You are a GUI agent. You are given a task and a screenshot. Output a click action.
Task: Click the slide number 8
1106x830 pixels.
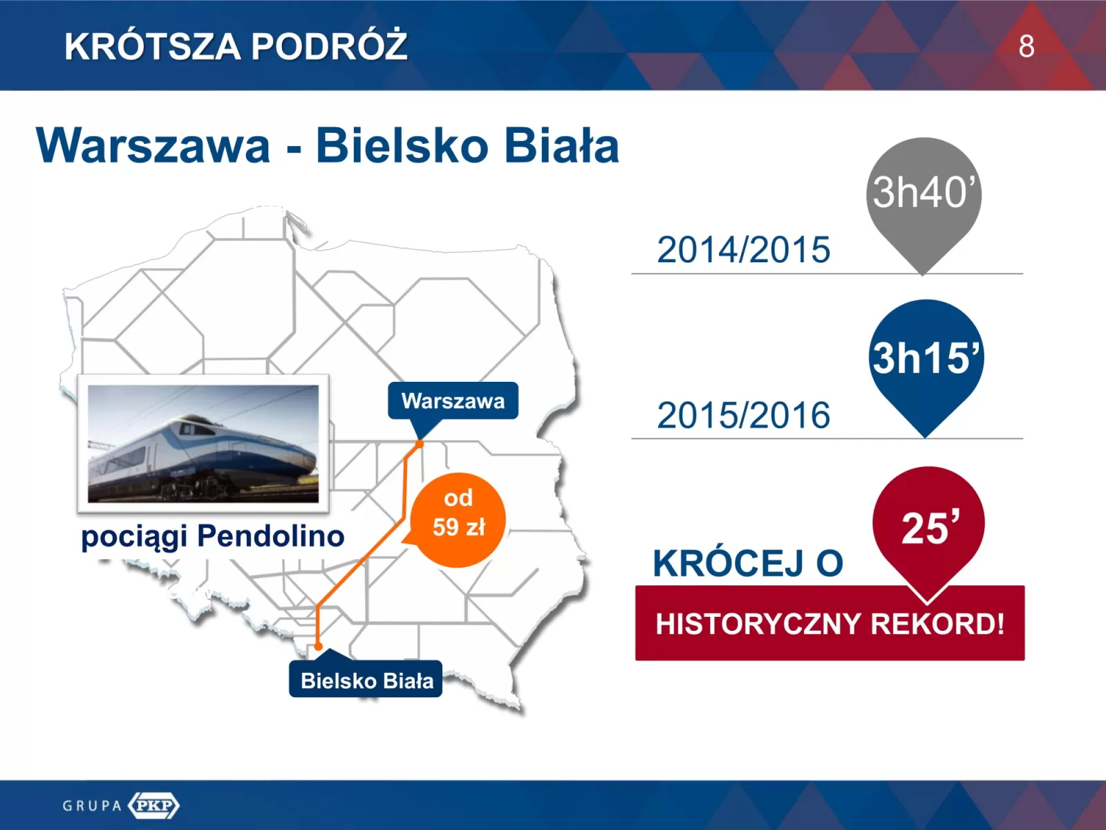pos(1027,46)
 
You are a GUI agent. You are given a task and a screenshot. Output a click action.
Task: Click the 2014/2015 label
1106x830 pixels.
pos(744,250)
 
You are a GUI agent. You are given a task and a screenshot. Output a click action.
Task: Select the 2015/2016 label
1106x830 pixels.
pos(744,415)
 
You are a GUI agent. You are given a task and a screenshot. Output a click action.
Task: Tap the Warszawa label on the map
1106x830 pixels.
pos(453,401)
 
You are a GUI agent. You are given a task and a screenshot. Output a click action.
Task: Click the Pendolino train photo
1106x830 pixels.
pos(203,443)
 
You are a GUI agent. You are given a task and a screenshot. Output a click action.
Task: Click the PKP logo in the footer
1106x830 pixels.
pos(153,805)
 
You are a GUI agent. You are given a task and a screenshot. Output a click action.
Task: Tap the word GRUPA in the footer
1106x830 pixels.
pos(92,805)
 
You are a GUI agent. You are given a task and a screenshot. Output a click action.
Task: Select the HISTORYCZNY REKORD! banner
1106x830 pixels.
pos(830,623)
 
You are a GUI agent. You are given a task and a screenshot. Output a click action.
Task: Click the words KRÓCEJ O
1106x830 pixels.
pos(748,563)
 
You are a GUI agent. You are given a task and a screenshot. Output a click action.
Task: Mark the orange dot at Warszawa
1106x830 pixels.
pos(419,444)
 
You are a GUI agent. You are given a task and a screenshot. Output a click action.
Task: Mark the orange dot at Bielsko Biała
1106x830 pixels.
pos(318,646)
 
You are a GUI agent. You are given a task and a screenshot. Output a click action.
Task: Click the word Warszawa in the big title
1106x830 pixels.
pos(153,146)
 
